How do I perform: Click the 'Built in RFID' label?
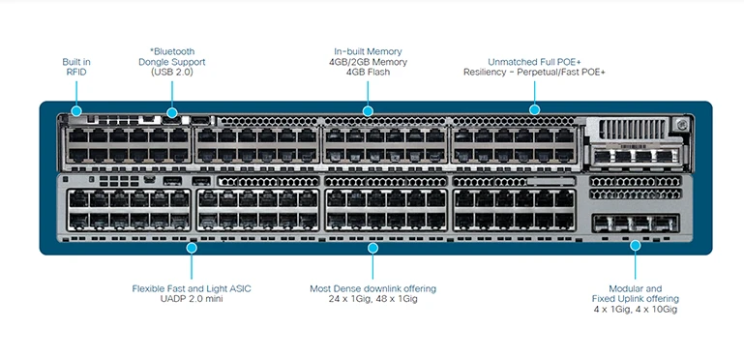pos(76,67)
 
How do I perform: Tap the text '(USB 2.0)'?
pos(171,73)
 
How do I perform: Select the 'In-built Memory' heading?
pos(368,51)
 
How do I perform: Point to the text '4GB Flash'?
pos(368,73)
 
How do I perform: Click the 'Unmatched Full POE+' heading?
pos(534,62)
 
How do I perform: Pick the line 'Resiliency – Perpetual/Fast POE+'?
pos(534,73)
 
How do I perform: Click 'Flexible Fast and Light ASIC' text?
pos(192,288)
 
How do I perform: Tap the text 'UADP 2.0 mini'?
pos(192,299)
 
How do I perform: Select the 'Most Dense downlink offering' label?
pos(372,288)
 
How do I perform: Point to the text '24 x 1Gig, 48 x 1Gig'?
pos(372,299)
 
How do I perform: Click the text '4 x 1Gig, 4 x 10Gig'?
pos(636,310)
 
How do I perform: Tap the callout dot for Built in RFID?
pos(76,111)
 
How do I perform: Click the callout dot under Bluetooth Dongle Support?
pos(172,112)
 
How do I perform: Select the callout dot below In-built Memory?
pos(368,111)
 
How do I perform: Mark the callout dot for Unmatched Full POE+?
pos(534,110)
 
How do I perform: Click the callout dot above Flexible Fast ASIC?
pos(192,248)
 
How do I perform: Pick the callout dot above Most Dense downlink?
pos(372,248)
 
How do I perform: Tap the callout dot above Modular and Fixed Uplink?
pos(636,246)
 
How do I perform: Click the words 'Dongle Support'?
pos(171,62)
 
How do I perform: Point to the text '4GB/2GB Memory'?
pos(368,62)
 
